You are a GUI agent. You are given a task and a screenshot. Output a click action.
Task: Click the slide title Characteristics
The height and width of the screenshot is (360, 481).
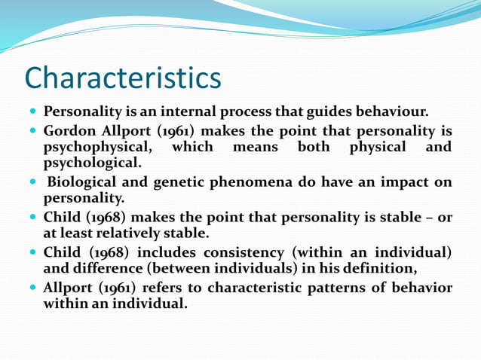123,78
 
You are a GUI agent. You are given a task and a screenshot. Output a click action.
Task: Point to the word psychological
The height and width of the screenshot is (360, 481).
91,161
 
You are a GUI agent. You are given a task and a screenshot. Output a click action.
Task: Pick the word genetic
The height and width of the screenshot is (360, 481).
187,182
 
